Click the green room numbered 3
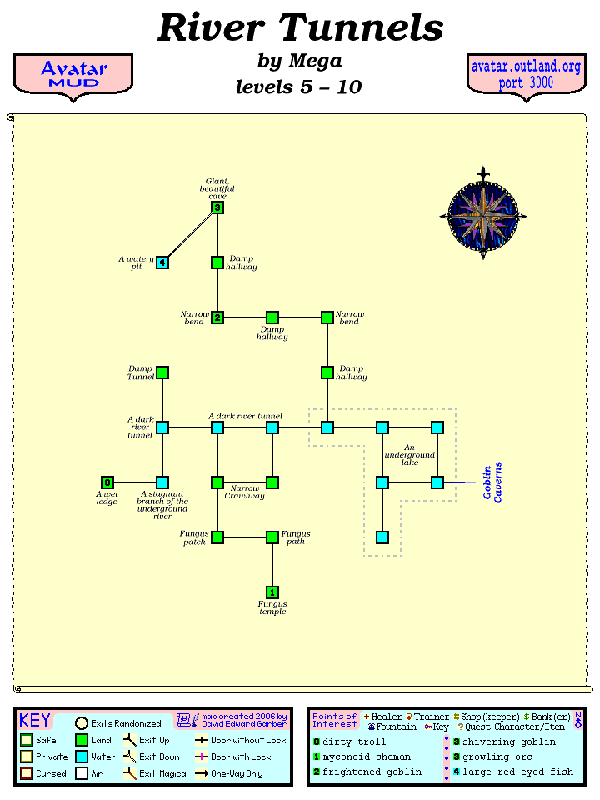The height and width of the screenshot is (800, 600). (217, 207)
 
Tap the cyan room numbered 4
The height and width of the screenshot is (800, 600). (162, 262)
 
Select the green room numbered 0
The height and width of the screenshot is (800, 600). (107, 482)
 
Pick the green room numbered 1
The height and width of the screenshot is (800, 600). (272, 592)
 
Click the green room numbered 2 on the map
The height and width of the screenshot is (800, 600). (217, 317)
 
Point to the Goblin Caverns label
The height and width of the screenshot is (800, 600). (493, 482)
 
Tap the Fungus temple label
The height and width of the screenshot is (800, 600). (272, 608)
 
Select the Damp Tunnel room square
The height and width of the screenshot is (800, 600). (162, 372)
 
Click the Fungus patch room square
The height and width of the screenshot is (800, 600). (217, 537)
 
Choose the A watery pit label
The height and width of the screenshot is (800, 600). (136, 262)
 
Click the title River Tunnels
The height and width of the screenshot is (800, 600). (300, 27)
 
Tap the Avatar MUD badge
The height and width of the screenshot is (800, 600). (73, 74)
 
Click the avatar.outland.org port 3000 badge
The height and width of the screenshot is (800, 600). (526, 74)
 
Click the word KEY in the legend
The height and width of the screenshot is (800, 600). (35, 721)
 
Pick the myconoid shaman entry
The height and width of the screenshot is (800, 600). (367, 757)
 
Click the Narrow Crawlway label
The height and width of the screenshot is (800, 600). (245, 492)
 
